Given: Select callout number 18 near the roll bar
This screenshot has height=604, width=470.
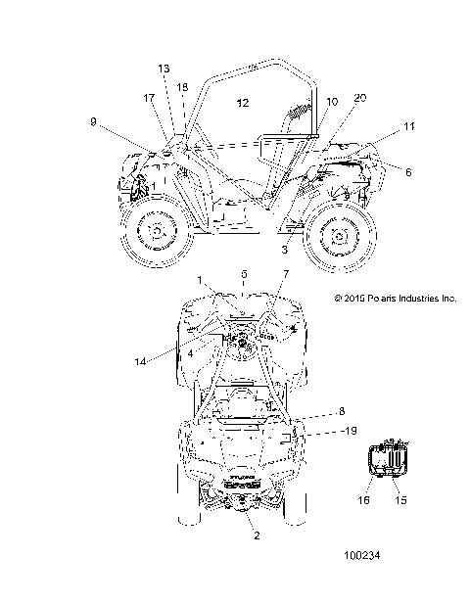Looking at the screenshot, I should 182,87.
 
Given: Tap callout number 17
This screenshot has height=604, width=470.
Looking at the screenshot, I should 149,98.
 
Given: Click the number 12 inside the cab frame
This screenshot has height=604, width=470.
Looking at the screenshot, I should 243,101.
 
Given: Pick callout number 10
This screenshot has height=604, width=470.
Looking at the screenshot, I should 332,102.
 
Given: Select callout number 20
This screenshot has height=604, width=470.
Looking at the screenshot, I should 359,98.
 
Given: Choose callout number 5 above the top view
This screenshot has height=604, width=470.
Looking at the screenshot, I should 244,274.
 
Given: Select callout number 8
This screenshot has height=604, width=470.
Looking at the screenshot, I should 313,411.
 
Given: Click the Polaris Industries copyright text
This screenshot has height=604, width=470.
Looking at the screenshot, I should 396,298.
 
